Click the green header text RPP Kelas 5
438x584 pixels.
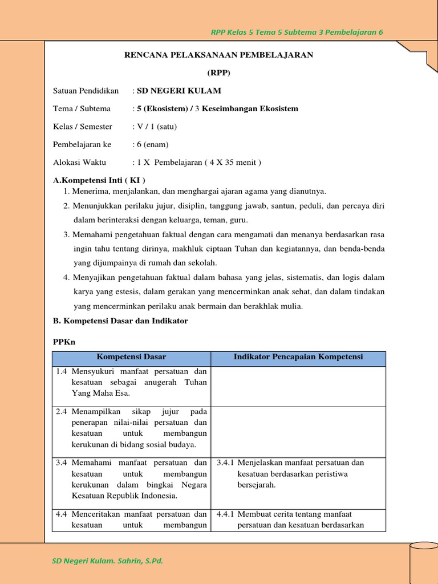(297, 32)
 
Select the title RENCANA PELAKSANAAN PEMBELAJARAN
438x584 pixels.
(219, 55)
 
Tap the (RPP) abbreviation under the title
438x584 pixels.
(219, 72)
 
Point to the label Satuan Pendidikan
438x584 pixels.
(86, 91)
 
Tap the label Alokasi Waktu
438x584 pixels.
(79, 163)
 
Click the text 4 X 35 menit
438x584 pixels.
(234, 163)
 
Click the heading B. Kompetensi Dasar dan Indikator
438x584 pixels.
(120, 321)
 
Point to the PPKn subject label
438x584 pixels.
(64, 342)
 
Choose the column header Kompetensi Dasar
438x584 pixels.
(131, 357)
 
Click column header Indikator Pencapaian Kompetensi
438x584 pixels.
(298, 357)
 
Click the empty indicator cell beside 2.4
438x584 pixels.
(298, 428)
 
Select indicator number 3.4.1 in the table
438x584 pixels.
(225, 463)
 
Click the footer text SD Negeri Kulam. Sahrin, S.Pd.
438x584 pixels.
(107, 561)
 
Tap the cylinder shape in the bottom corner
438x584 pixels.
(423, 562)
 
